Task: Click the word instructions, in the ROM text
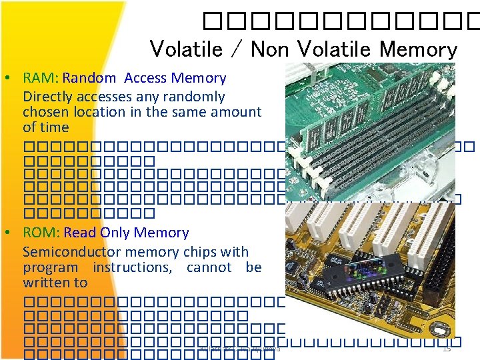click(132, 267)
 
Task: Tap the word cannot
click(209, 267)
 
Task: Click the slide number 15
click(447, 348)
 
